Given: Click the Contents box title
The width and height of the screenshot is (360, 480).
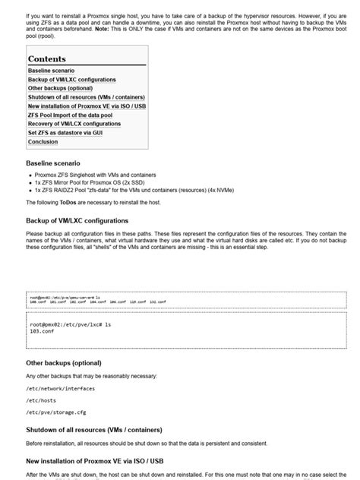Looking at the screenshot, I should (x=47, y=59).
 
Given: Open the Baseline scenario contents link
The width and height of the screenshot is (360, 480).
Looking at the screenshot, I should (x=51, y=71).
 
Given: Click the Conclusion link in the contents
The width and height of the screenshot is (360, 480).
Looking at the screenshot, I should (x=43, y=142).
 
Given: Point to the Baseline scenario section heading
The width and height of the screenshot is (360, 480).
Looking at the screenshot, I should (x=52, y=163).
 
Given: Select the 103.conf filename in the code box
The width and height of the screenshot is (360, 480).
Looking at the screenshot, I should (x=42, y=332).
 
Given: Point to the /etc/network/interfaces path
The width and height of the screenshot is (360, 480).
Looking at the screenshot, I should (x=61, y=388).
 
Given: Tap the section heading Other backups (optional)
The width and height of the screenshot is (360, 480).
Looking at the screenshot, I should (x=63, y=363).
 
